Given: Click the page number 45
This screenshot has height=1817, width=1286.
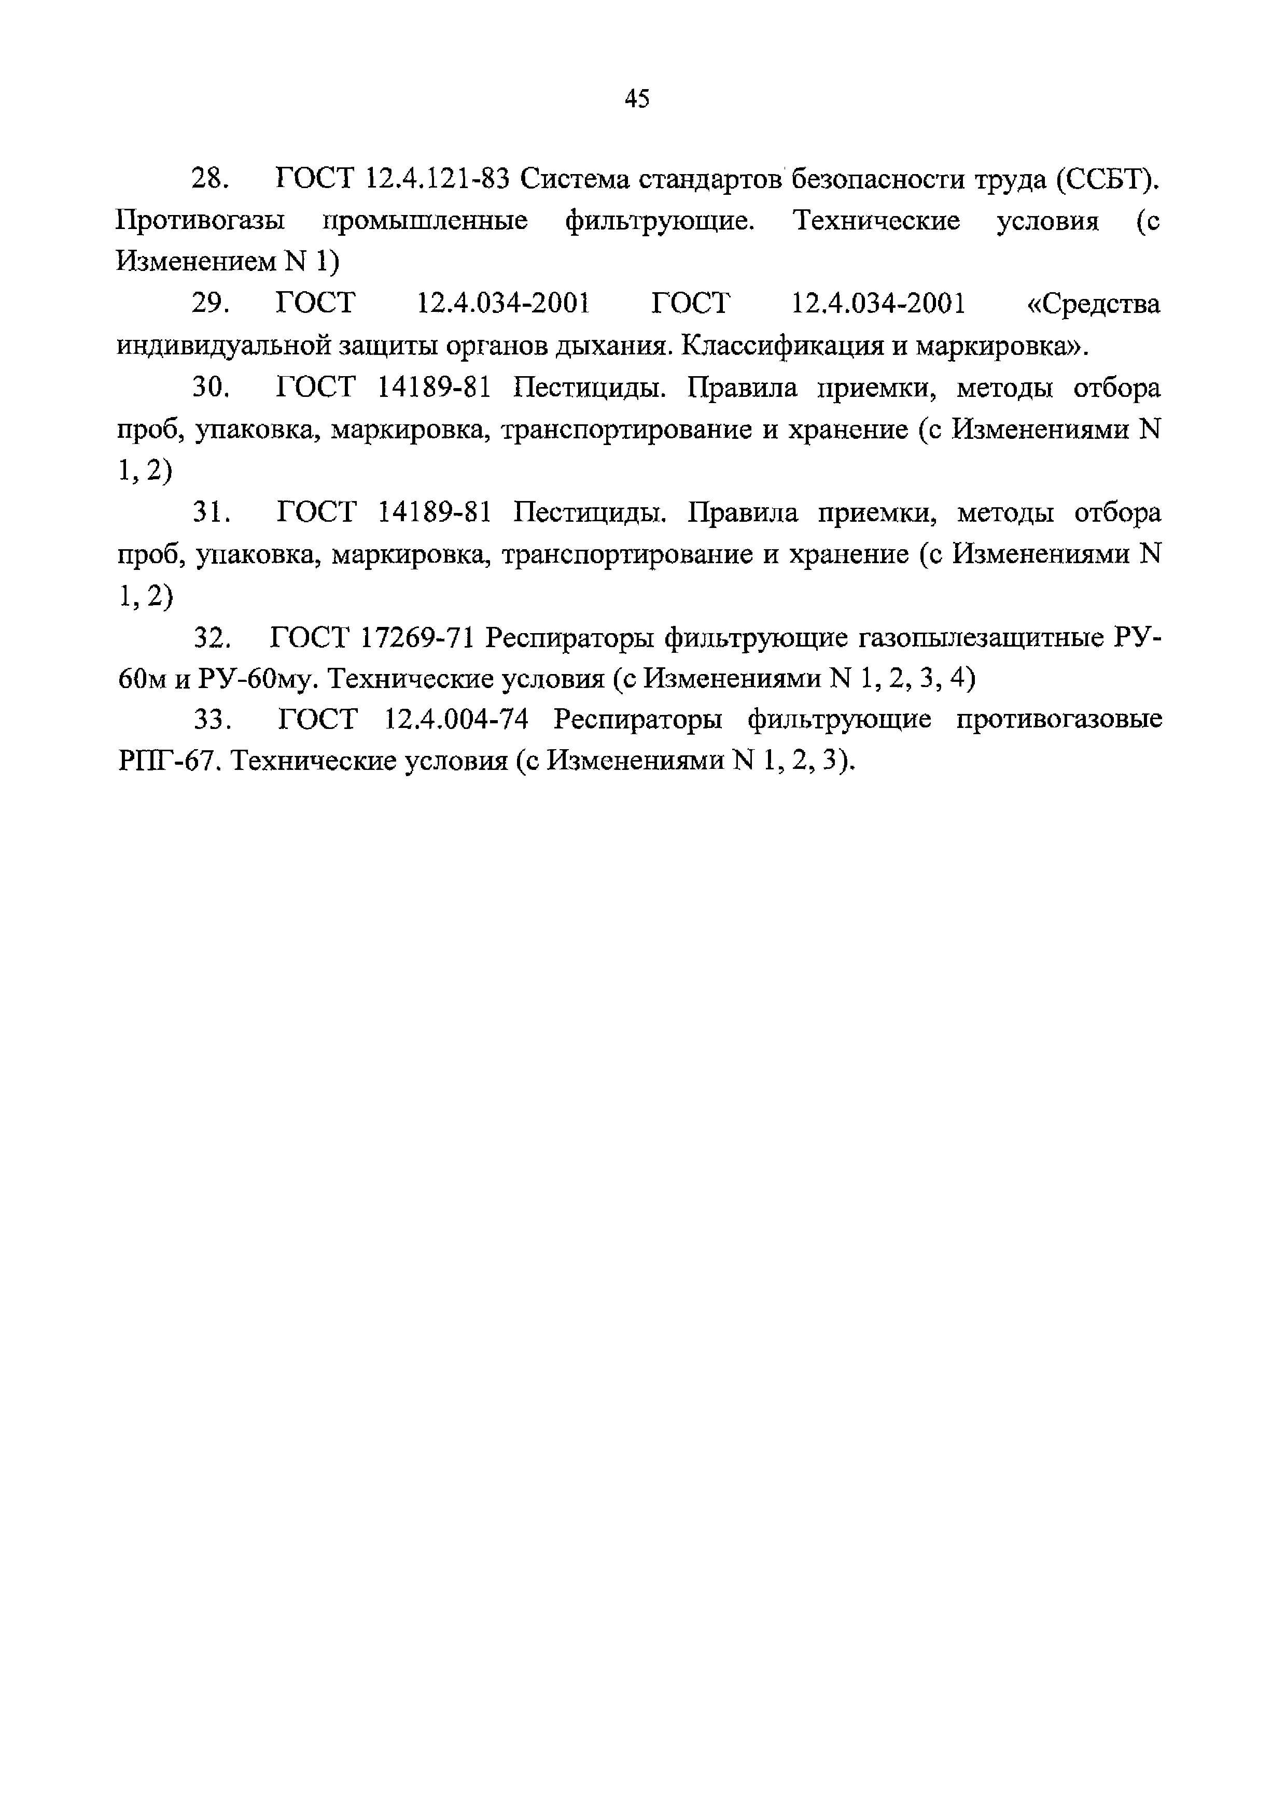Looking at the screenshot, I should click(x=637, y=99).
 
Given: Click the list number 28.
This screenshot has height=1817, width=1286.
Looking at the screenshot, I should click(x=211, y=180).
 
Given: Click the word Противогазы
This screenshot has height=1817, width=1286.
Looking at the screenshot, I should click(x=200, y=221).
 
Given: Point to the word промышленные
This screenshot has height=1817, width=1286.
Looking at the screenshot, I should click(x=425, y=221).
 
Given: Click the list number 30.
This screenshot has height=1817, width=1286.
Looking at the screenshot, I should click(x=211, y=388).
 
